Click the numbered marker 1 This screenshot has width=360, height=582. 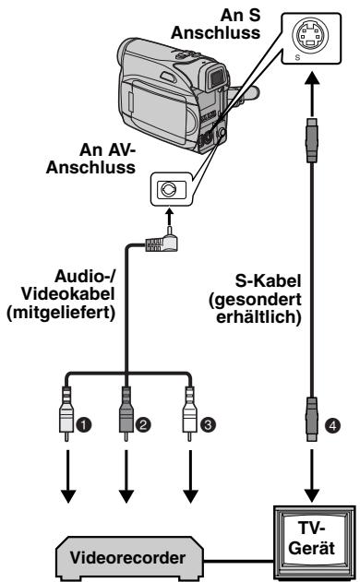84,424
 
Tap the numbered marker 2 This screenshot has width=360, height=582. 143,424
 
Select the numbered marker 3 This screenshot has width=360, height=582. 208,424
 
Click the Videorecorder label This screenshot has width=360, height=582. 127,557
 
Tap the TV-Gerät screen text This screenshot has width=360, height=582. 311,538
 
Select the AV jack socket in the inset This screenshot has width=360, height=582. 167,189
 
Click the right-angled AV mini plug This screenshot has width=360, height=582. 162,241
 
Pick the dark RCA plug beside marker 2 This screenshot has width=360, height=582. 126,414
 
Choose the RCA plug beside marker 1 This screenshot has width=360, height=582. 66,414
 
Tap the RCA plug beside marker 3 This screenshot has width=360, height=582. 189,414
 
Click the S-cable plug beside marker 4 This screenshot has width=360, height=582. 312,420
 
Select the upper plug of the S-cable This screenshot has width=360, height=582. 312,140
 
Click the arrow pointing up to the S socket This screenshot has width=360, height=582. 312,93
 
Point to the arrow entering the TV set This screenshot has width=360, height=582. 312,476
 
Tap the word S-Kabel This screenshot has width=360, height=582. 268,280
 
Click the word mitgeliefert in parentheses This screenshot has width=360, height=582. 61,313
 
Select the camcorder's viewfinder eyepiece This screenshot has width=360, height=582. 216,77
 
